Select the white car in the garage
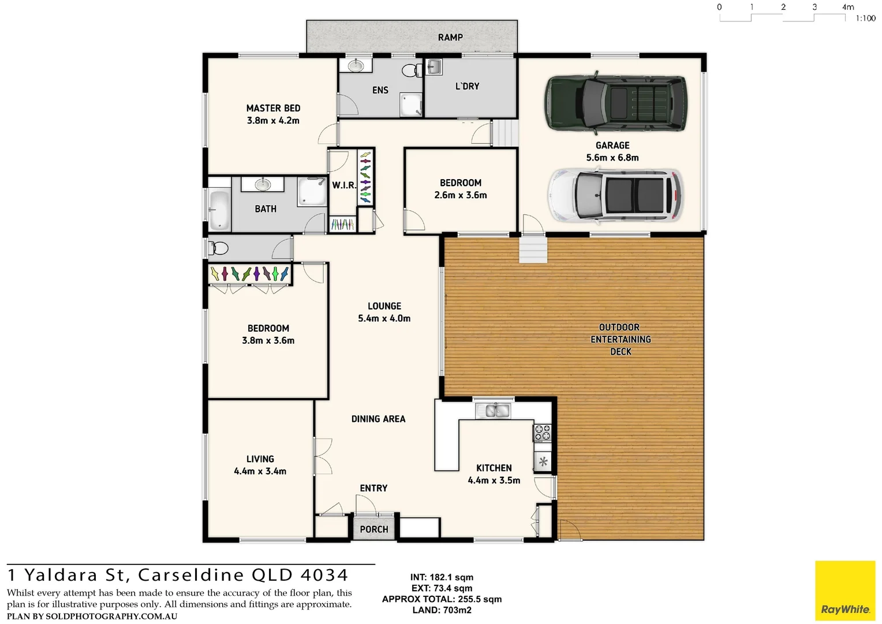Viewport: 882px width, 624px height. coord(615,195)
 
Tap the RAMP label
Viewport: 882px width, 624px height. coord(450,38)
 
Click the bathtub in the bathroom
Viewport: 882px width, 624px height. coord(219,210)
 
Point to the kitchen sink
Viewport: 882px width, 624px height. coord(492,410)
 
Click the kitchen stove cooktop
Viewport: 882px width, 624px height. coord(543,433)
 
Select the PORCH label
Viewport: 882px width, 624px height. coord(374,529)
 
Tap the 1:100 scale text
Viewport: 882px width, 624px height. coord(865,18)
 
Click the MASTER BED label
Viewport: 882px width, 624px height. coord(273,108)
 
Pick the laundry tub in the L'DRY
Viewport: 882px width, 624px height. coord(434,67)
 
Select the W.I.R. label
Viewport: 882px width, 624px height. coord(343,185)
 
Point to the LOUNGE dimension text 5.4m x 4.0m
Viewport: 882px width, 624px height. coord(384,318)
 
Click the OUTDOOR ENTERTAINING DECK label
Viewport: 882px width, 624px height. coord(620,339)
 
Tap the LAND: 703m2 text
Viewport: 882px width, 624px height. coord(442,610)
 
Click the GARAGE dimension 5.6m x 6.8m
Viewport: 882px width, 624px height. coord(612,158)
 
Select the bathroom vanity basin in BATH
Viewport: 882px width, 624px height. coord(263,184)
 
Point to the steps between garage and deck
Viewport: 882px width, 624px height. coord(533,250)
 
